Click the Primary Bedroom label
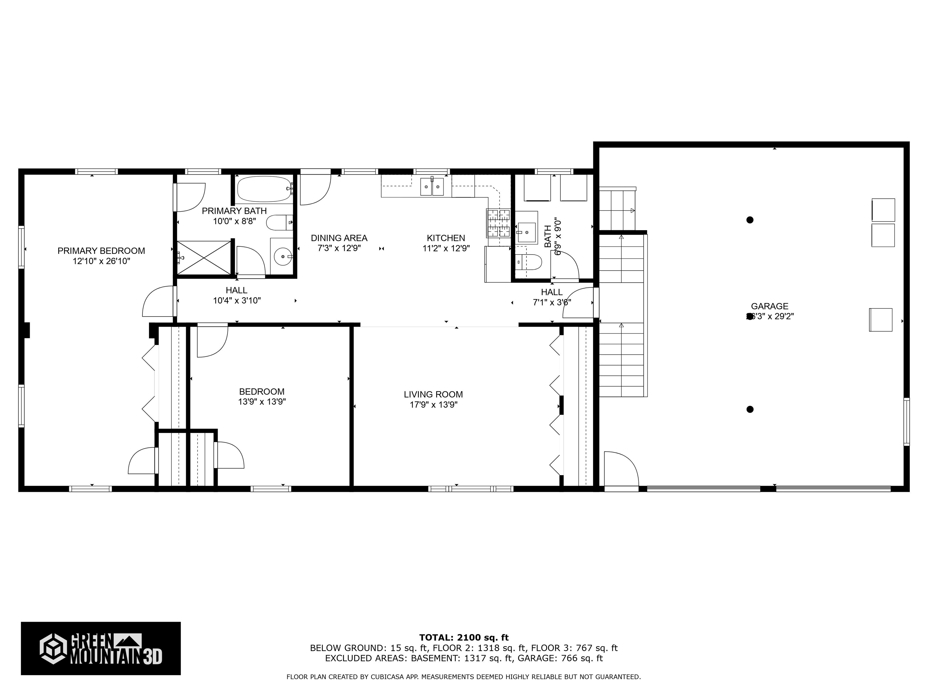(x=101, y=251)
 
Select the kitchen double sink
(x=432, y=186)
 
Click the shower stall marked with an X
(x=204, y=258)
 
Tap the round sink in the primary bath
(x=283, y=256)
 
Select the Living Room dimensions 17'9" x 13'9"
(x=433, y=405)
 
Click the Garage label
(x=769, y=306)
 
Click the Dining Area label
(x=339, y=238)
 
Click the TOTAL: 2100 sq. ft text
(x=464, y=638)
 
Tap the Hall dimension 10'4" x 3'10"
(x=237, y=300)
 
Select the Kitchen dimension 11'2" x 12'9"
(x=446, y=248)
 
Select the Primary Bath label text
(x=234, y=211)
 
